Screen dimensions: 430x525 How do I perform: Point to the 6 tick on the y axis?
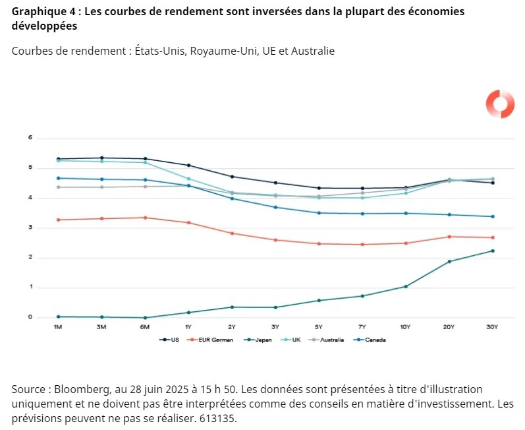coord(30,138)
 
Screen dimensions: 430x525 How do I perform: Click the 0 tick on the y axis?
coord(30,317)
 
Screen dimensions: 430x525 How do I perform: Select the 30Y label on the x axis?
coord(492,327)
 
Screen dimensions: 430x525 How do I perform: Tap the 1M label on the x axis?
coord(58,327)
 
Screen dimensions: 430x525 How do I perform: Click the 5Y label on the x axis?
coord(319,327)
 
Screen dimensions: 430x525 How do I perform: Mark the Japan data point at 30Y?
coord(492,251)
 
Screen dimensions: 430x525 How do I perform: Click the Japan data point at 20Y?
coord(449,262)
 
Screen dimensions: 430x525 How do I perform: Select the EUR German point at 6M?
coord(145,218)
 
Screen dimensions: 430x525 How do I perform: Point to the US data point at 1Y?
coord(188,166)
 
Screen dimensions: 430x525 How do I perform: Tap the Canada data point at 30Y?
coord(492,216)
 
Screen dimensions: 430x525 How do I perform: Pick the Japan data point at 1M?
coord(58,317)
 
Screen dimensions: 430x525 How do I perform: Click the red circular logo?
coord(499,104)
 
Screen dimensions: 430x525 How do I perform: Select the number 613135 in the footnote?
coord(215,418)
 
